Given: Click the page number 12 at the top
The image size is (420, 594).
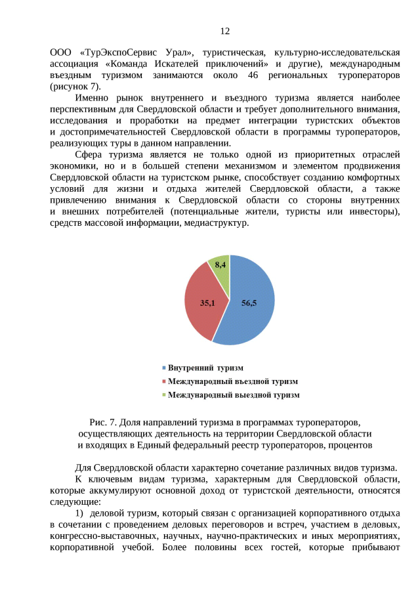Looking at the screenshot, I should pyautogui.click(x=225, y=32).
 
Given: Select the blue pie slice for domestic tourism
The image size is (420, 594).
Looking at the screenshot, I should pyautogui.click(x=253, y=302).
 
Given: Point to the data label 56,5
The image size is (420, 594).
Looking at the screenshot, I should pyautogui.click(x=249, y=303).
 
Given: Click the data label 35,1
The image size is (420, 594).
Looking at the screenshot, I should pyautogui.click(x=207, y=303).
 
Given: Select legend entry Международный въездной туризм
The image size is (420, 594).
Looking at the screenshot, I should pyautogui.click(x=232, y=381).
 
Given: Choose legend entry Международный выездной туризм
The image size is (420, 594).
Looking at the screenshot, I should pyautogui.click(x=233, y=395).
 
